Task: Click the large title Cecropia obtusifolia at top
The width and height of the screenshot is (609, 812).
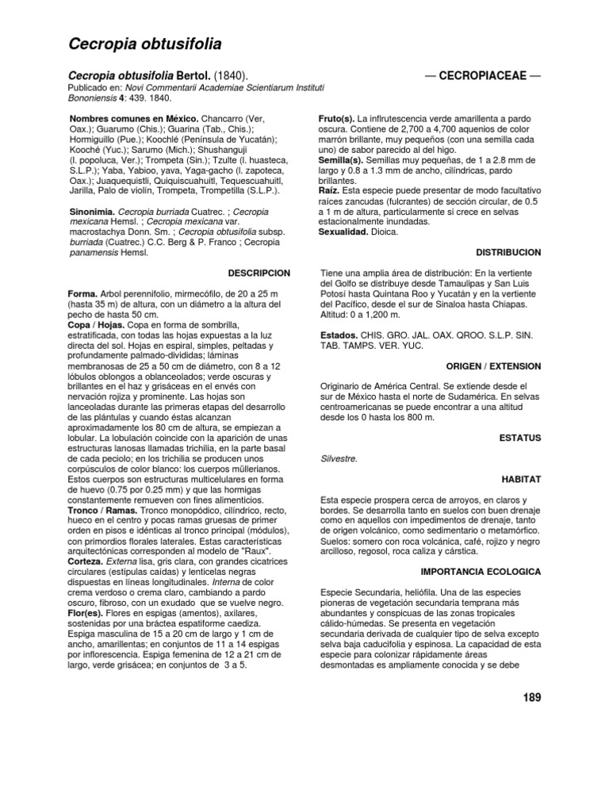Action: tap(144, 44)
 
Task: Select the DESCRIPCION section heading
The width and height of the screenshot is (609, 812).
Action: tap(259, 273)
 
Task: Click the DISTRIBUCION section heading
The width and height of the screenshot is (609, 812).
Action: tap(508, 252)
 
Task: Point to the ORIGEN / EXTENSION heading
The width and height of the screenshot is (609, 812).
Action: tap(494, 366)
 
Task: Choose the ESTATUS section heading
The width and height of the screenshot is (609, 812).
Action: tap(521, 437)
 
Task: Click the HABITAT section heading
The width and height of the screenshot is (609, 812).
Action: tap(522, 481)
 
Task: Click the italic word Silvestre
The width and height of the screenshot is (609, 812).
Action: tap(339, 458)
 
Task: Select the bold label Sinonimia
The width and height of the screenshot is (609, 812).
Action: tap(93, 213)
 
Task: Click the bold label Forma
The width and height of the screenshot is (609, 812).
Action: tap(84, 294)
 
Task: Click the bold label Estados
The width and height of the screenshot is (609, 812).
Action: tap(339, 335)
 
